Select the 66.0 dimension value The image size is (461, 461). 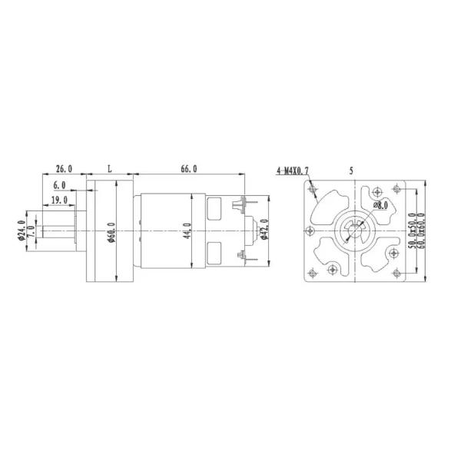[189, 169]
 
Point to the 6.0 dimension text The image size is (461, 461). [59, 186]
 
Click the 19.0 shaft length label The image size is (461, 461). [58, 200]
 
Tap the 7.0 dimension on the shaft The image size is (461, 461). [31, 230]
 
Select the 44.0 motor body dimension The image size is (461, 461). [188, 230]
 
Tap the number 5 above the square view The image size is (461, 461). [351, 171]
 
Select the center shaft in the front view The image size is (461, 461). [353, 230]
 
